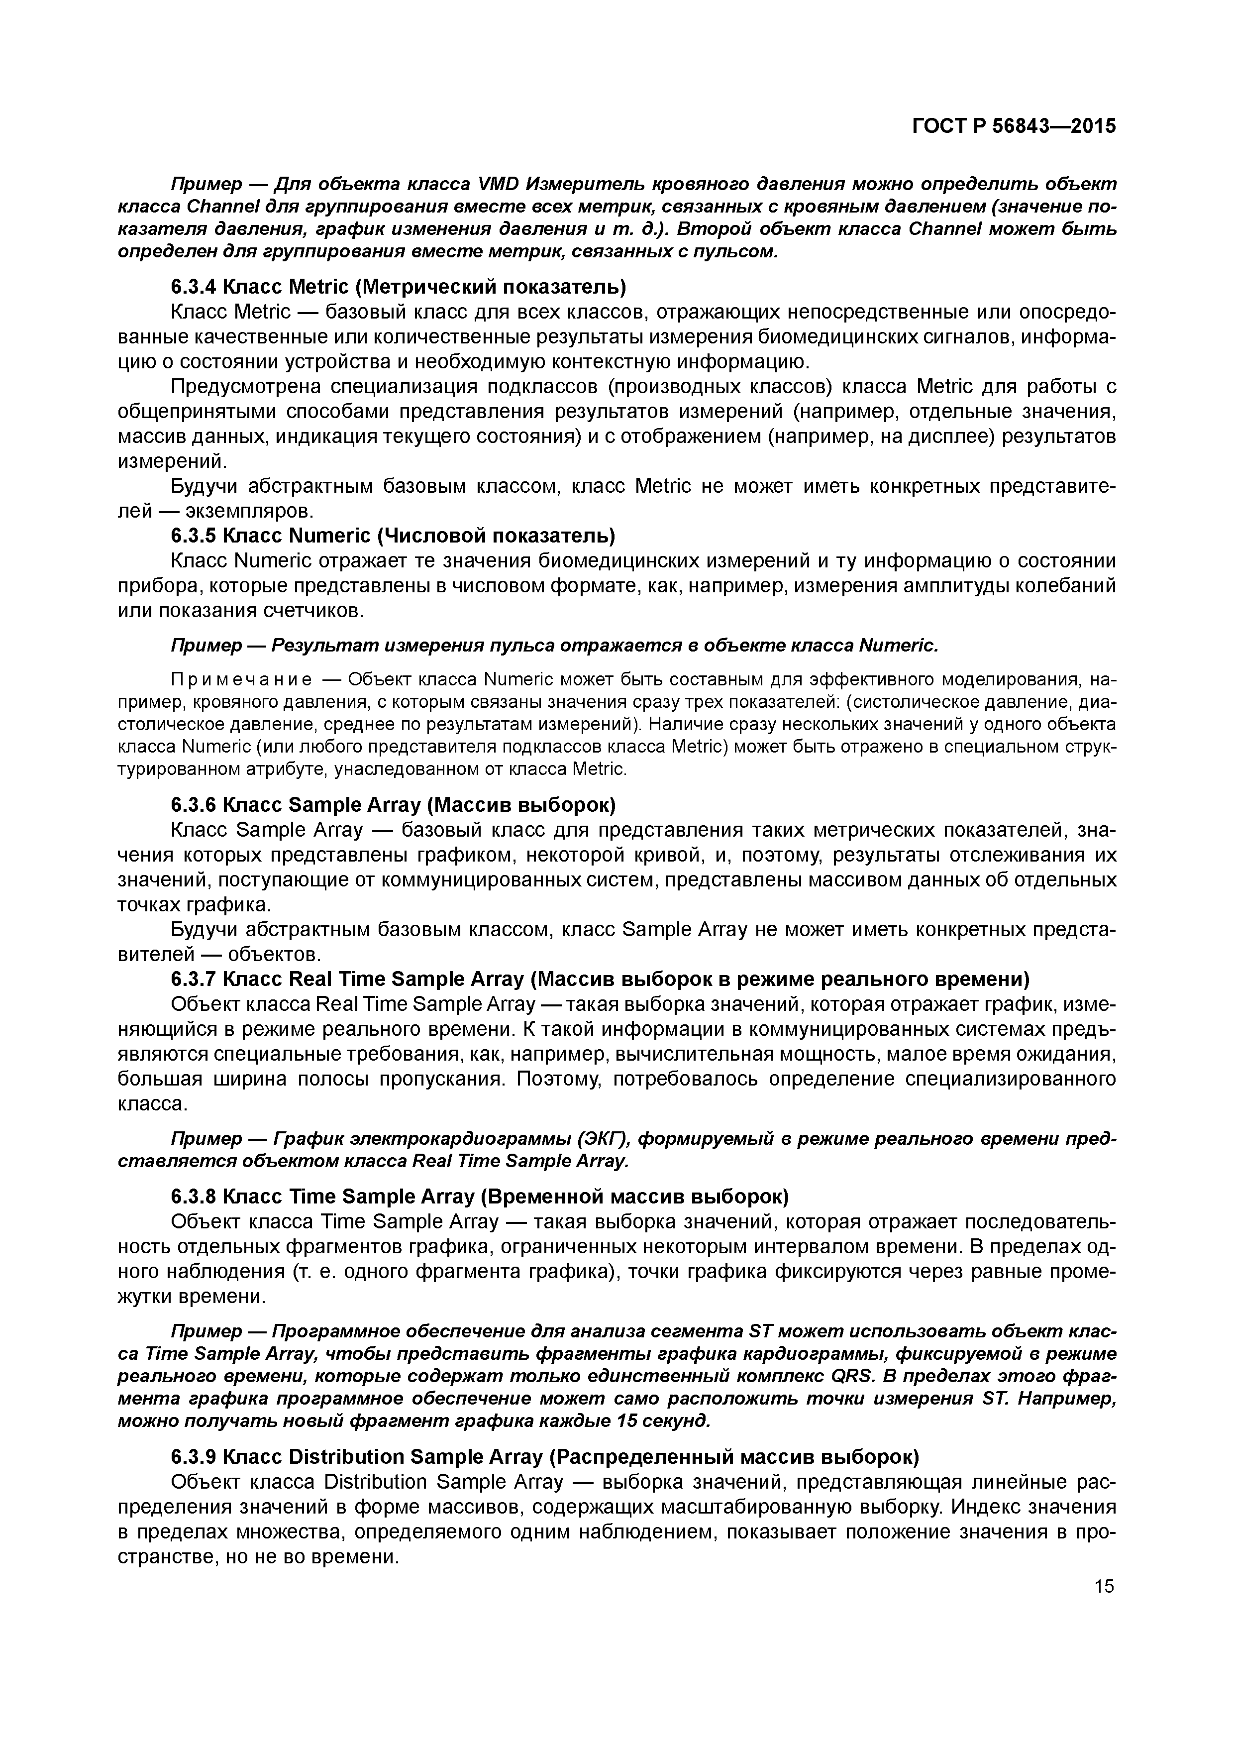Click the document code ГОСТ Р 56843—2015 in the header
(x=1014, y=126)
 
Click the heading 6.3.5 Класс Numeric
(x=392, y=536)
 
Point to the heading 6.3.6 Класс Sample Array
(x=392, y=804)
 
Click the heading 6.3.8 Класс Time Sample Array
(x=480, y=1197)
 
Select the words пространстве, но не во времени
(x=259, y=1557)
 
